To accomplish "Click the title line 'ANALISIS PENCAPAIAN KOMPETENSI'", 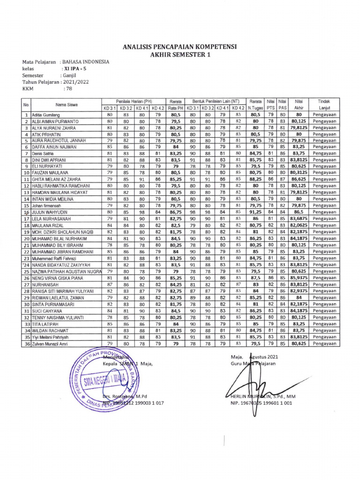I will point(180,47).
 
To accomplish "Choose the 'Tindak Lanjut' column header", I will point(323,105).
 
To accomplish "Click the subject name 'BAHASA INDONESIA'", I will point(86,61).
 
